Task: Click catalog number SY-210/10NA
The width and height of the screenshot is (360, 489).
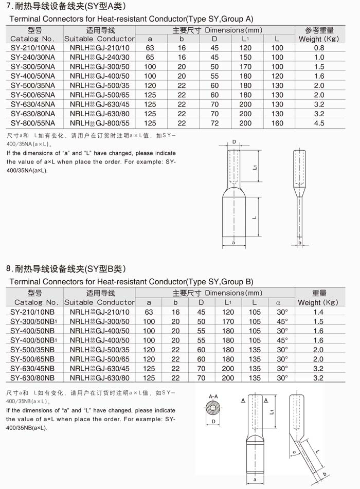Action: click(x=33, y=48)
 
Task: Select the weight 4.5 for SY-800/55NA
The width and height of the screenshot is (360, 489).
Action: click(x=319, y=123)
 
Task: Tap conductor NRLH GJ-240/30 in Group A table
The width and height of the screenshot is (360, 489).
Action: click(x=99, y=57)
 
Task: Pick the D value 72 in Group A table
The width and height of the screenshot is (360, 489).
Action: click(x=214, y=123)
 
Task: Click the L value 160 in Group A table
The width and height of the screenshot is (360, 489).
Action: click(x=277, y=123)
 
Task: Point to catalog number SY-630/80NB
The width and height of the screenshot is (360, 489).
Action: click(x=33, y=378)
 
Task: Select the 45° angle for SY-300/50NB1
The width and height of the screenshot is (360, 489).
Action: click(x=282, y=321)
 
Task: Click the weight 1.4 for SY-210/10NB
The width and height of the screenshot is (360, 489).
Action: click(x=318, y=312)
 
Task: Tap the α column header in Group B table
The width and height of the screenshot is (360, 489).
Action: click(x=278, y=302)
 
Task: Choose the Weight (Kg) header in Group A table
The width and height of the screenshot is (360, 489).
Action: click(x=319, y=39)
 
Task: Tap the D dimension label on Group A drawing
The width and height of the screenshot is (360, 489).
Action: click(x=234, y=141)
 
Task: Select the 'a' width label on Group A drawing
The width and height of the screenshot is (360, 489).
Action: click(x=233, y=242)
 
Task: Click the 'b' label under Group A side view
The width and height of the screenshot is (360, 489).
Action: click(x=300, y=242)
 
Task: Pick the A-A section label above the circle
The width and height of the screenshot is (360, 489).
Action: click(x=213, y=396)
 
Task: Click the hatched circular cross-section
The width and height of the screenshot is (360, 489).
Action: click(x=213, y=409)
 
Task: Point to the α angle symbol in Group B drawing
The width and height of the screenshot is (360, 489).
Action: click(x=294, y=452)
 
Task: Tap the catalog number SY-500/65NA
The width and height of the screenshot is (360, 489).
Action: click(x=33, y=95)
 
